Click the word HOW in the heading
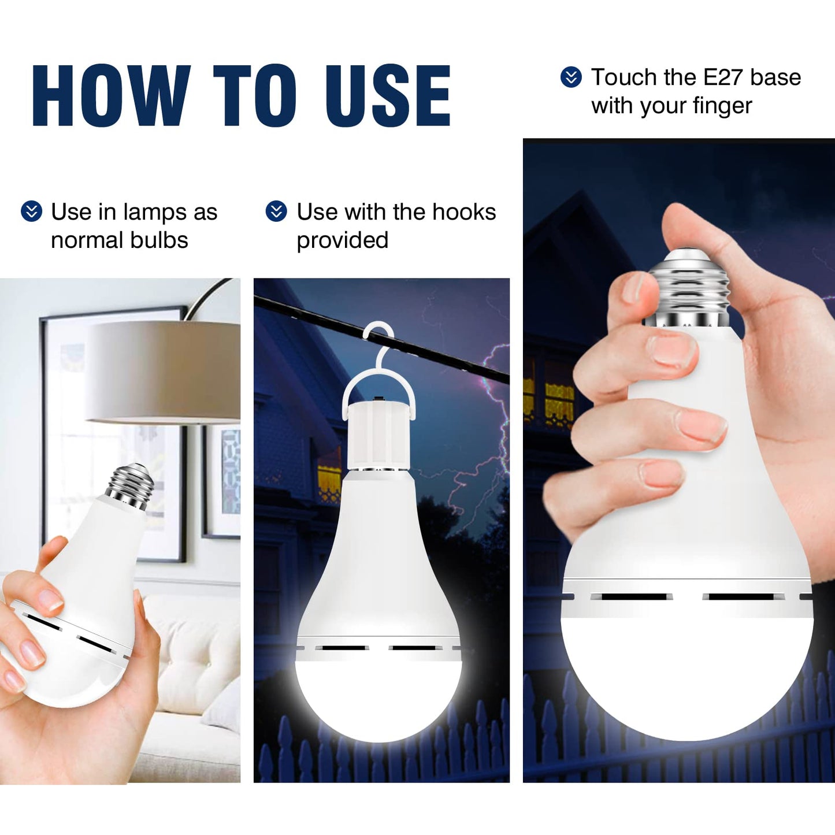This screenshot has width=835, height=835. [x=112, y=95]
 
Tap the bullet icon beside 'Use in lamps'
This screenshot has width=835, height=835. [x=32, y=211]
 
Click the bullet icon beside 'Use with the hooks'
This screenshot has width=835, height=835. [x=276, y=211]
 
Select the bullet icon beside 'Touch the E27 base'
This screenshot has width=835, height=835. [x=571, y=77]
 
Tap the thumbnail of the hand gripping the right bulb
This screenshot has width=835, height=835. [x=633, y=288]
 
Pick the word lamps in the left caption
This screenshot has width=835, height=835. [x=155, y=213]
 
